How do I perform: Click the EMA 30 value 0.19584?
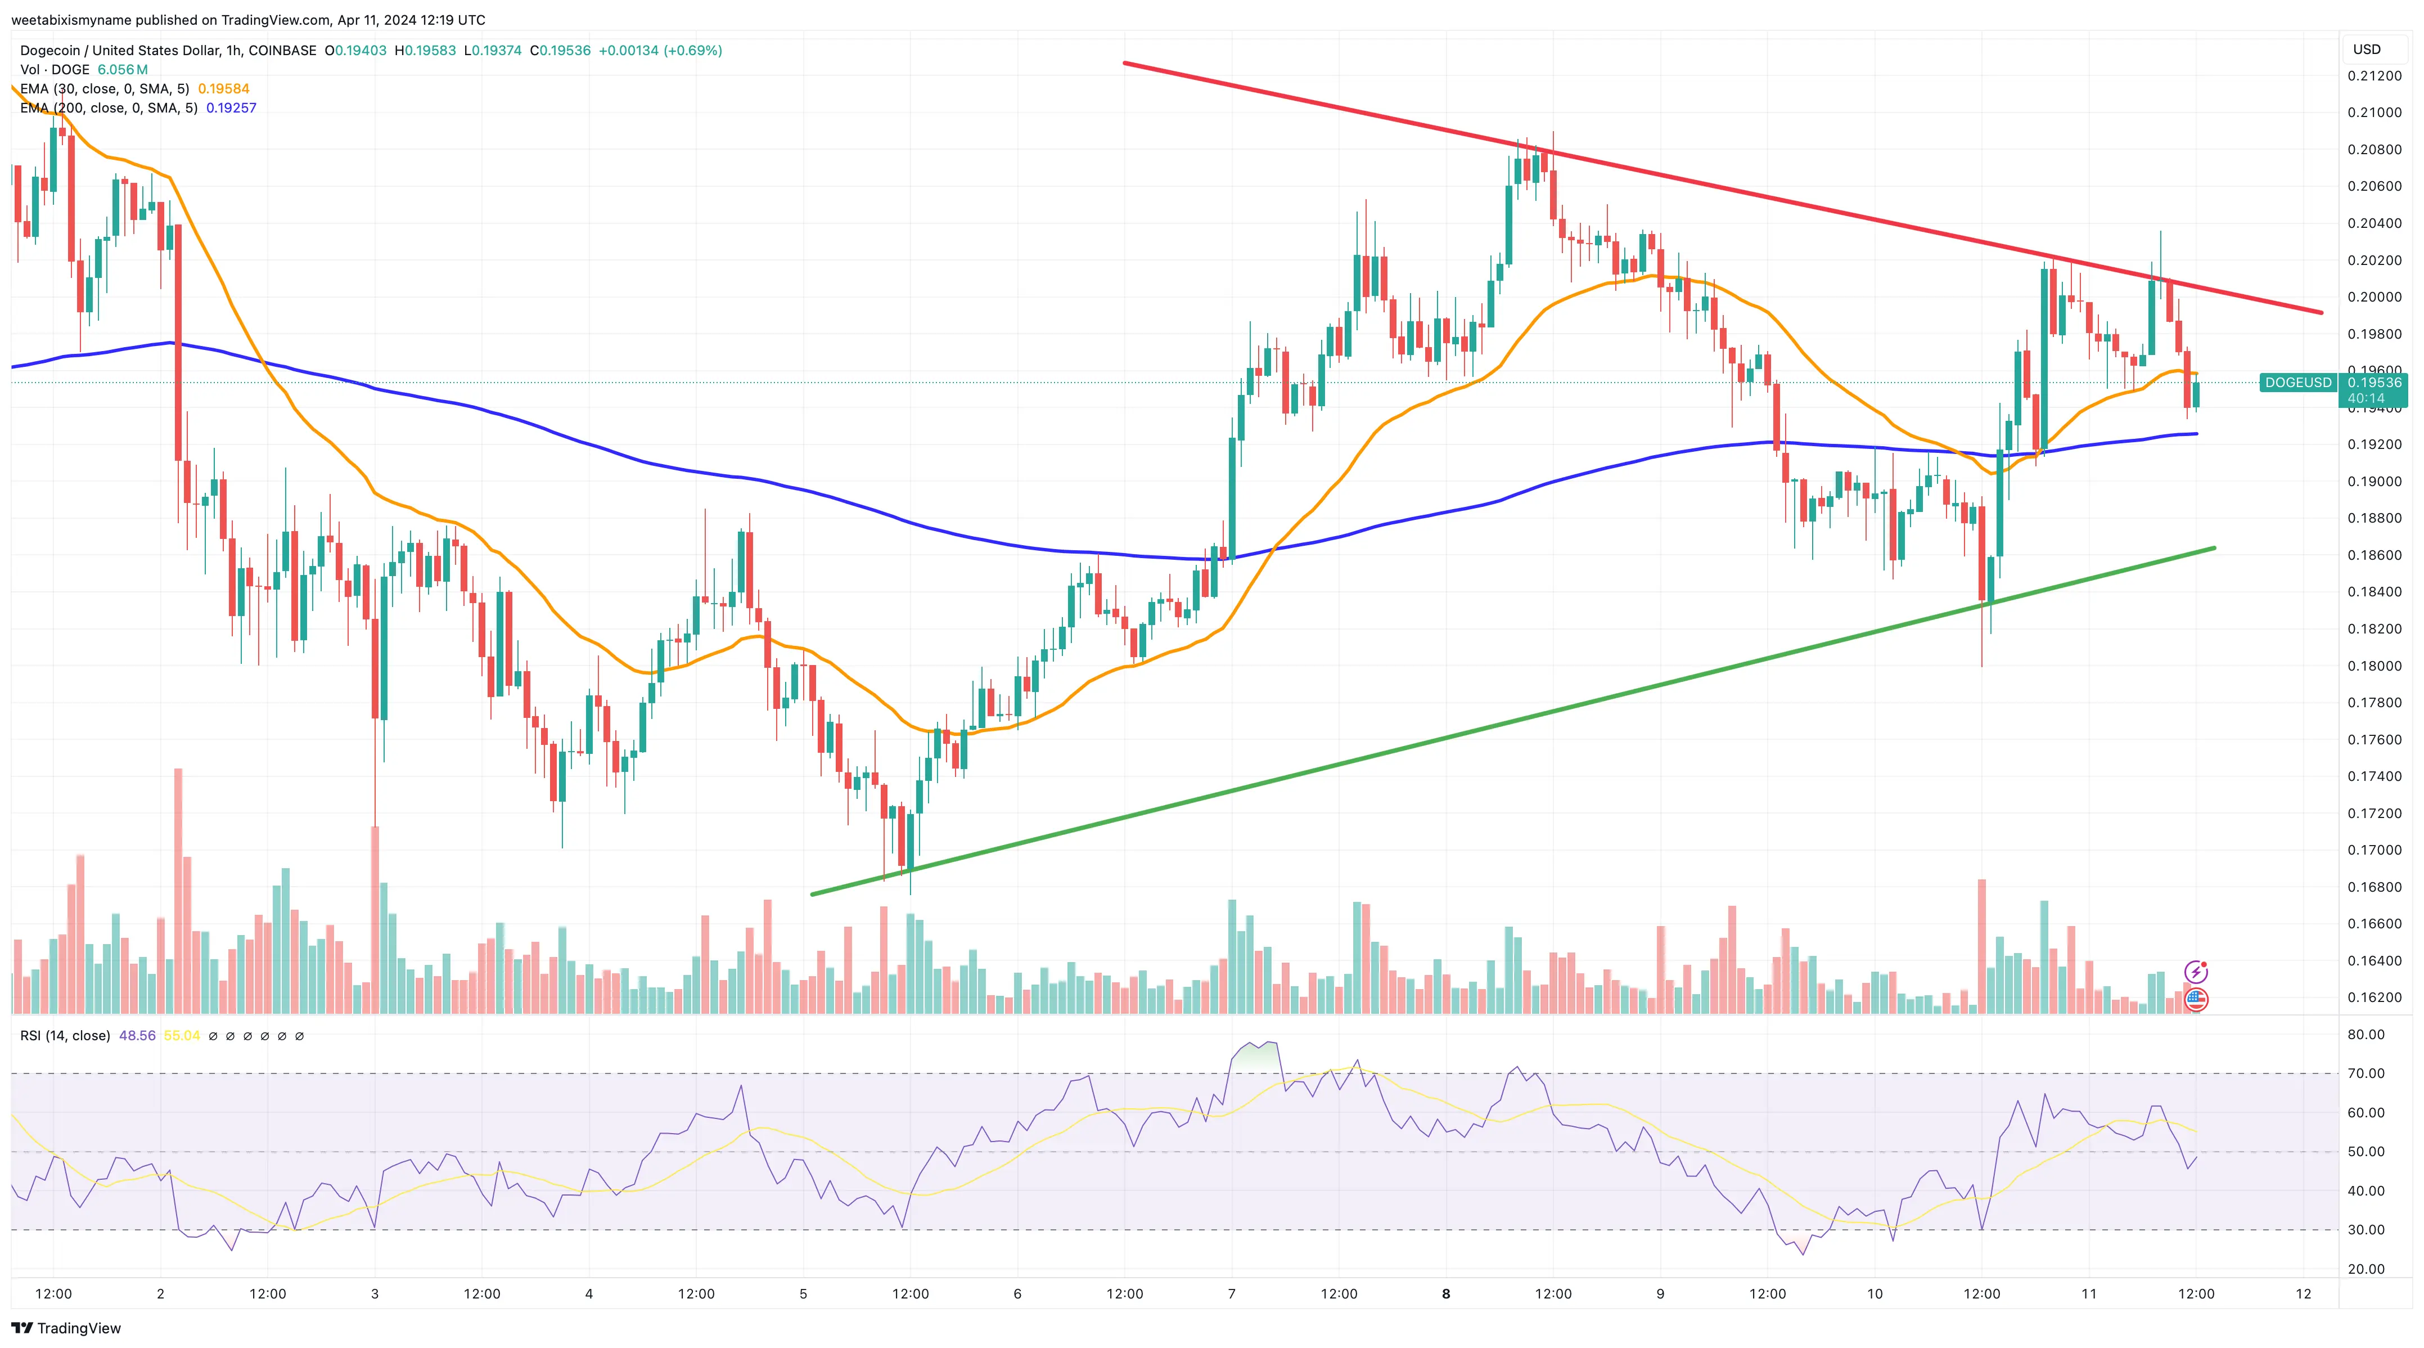click(223, 88)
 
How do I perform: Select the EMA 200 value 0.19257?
click(232, 108)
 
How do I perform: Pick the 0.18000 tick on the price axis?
click(2373, 666)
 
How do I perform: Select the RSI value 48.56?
click(137, 1036)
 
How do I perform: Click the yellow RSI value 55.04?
click(182, 1036)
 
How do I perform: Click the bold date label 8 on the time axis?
click(1447, 1293)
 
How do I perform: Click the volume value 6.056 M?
click(123, 70)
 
